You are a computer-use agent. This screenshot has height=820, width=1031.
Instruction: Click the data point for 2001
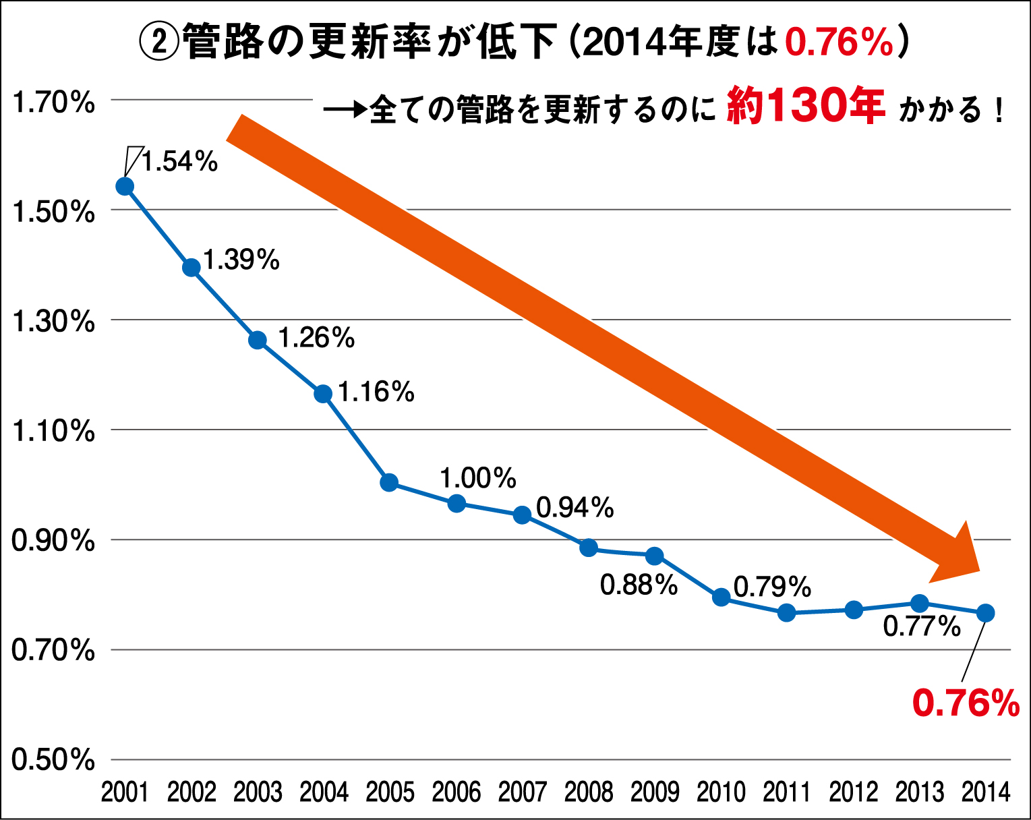tap(125, 186)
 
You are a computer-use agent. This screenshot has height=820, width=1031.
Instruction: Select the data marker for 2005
tap(389, 482)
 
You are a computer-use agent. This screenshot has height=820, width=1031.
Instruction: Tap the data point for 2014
tap(985, 613)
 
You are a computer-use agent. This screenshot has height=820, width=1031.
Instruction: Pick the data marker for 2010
tap(721, 597)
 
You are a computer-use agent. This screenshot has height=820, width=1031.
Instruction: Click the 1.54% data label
tap(179, 162)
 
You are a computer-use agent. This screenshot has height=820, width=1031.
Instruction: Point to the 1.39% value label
tap(241, 260)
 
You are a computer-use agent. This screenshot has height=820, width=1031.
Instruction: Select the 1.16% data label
tap(376, 392)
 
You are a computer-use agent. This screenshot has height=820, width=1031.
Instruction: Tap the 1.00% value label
tap(478, 478)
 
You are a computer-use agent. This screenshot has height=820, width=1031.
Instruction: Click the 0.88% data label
tap(639, 585)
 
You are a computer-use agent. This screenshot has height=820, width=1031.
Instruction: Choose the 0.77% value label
tap(922, 626)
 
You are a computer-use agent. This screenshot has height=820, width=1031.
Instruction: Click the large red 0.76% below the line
tap(966, 703)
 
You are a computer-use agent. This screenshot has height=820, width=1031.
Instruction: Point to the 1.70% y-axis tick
tap(53, 102)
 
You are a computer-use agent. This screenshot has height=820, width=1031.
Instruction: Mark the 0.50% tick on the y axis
tap(53, 760)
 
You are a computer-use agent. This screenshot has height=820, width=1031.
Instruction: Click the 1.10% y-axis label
tap(53, 431)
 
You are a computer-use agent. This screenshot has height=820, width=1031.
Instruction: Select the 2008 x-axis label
tap(589, 792)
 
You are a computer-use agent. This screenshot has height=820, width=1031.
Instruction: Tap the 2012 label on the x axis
tap(854, 792)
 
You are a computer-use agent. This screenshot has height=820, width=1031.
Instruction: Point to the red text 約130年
tap(806, 107)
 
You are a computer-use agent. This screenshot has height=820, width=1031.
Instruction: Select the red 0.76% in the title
tap(839, 42)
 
